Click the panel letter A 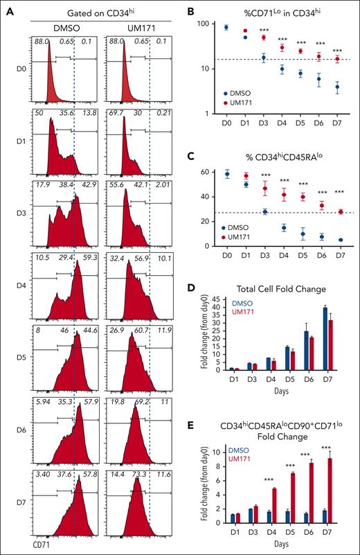(7, 7)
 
